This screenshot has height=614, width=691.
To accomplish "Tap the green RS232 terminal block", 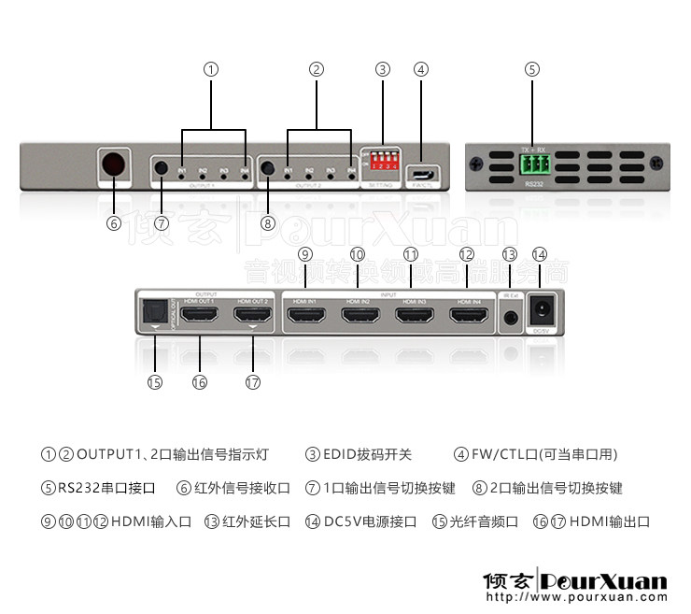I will (534, 167).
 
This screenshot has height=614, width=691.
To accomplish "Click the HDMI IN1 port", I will (305, 317).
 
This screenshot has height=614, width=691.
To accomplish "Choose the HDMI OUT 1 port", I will (199, 317).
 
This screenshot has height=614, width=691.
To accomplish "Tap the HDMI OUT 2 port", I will (251, 317).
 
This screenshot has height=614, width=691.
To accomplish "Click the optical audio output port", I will (153, 314).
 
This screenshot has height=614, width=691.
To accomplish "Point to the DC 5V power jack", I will (541, 313).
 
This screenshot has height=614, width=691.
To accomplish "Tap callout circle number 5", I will (532, 69).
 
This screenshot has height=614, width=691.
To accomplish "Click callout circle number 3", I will (382, 69).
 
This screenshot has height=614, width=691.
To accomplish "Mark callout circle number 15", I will (154, 381).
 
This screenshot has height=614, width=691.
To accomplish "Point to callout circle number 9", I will (304, 254).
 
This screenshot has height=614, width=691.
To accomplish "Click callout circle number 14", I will (539, 254).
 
